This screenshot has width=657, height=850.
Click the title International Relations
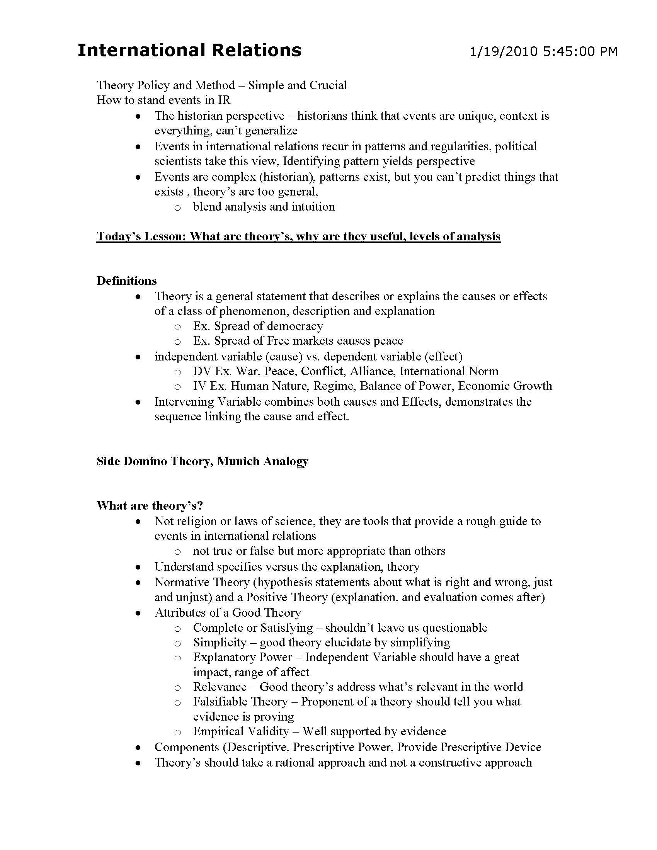pyautogui.click(x=189, y=51)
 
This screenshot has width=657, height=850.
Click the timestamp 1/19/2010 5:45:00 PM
pyautogui.click(x=543, y=51)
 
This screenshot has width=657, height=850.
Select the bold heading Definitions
pyautogui.click(x=126, y=280)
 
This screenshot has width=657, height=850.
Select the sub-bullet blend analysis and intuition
pyautogui.click(x=264, y=207)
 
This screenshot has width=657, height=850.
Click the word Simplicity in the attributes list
pyautogui.click(x=220, y=642)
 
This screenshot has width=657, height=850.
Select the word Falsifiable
pyautogui.click(x=220, y=701)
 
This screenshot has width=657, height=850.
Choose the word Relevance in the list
pyautogui.click(x=220, y=687)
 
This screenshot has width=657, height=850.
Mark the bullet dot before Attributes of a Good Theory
pyautogui.click(x=138, y=613)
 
